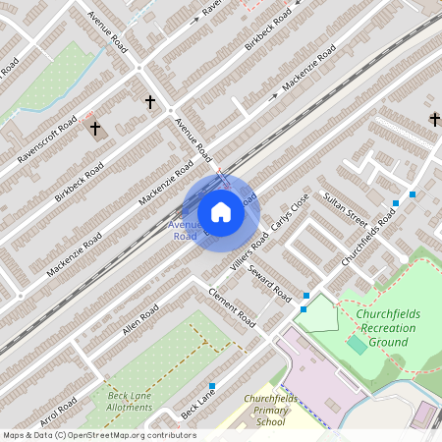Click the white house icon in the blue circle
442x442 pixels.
221,211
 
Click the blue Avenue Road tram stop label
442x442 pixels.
185,231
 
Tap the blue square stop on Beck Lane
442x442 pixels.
212,385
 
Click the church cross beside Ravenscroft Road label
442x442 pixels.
95,128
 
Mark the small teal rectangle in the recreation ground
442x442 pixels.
358,345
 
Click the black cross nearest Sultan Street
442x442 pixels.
434,119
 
